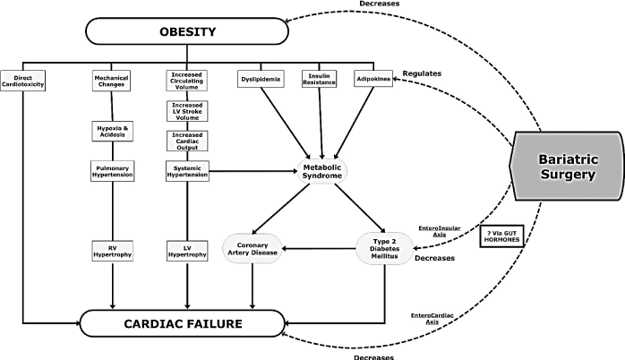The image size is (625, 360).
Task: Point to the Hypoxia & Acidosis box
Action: (113, 132)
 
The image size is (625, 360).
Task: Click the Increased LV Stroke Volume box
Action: (187, 112)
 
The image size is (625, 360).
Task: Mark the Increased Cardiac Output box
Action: (187, 141)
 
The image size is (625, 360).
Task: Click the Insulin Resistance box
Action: (320, 79)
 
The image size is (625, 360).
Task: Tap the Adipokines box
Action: (374, 78)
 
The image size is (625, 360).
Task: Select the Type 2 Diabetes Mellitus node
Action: (383, 248)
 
